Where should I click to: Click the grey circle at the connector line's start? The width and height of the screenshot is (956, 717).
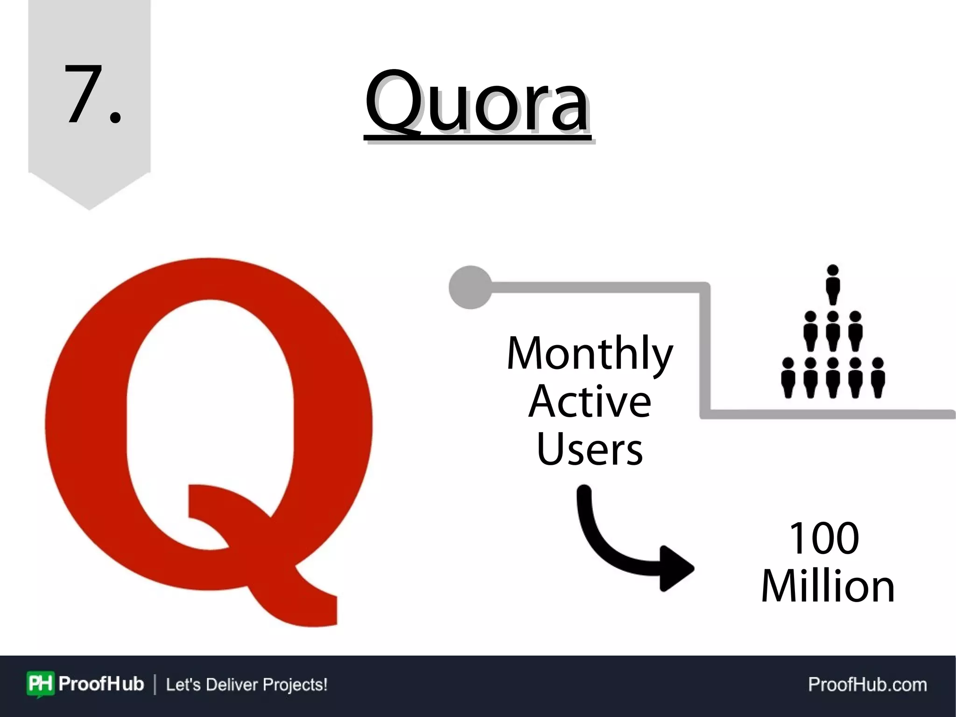coord(471,287)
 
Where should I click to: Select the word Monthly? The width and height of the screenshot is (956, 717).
coord(590,354)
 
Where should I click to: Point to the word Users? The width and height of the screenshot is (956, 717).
coord(590,449)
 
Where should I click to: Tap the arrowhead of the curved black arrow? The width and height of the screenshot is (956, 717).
coord(677,568)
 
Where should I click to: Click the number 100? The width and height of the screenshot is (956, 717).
coord(824,538)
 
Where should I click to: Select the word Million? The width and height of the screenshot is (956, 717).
coord(828,586)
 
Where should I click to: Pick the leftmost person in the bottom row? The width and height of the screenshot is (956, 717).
coord(788,377)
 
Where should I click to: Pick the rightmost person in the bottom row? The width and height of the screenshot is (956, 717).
coord(878,377)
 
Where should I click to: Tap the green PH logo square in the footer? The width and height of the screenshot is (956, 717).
coord(41,684)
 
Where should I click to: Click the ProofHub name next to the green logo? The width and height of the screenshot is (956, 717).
coord(101,684)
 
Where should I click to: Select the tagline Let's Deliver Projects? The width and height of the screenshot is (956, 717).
coord(246,684)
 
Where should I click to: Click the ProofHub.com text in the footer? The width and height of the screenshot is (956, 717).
coord(867,684)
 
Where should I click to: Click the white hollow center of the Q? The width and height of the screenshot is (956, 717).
coord(210,402)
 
